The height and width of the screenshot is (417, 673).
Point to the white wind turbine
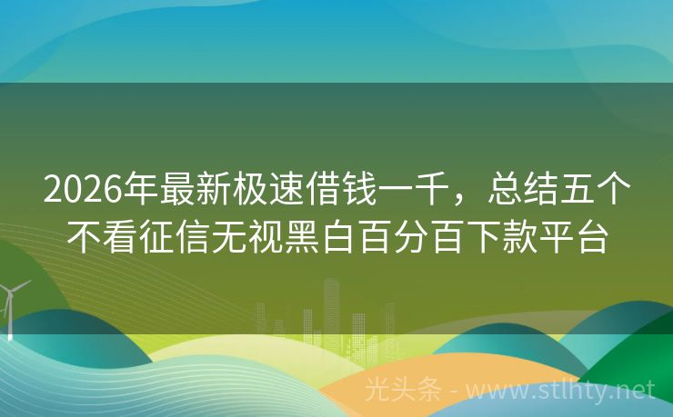tap(11, 304)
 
